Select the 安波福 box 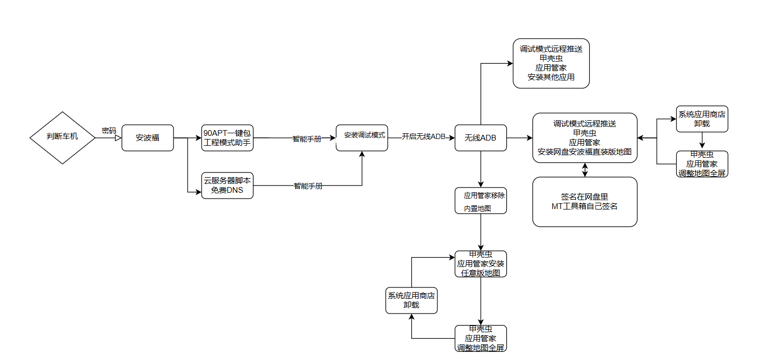pyautogui.click(x=147, y=138)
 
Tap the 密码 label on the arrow pyautogui.click(x=109, y=131)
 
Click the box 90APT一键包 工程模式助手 pyautogui.click(x=227, y=138)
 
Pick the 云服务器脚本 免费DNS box pyautogui.click(x=227, y=185)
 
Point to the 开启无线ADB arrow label pyautogui.click(x=423, y=137)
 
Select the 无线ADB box pyautogui.click(x=481, y=138)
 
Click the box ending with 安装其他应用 pyautogui.click(x=551, y=63)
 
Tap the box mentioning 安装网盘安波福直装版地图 pyautogui.click(x=585, y=138)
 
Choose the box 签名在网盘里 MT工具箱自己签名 pyautogui.click(x=585, y=202)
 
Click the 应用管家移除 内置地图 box pyautogui.click(x=481, y=201)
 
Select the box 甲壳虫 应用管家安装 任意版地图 pyautogui.click(x=481, y=264)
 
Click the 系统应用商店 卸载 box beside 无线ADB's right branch pyautogui.click(x=702, y=119)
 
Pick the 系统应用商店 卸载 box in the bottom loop pyautogui.click(x=411, y=300)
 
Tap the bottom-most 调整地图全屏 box pyautogui.click(x=481, y=338)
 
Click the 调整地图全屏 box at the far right pyautogui.click(x=702, y=164)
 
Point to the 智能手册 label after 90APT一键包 pyautogui.click(x=307, y=139)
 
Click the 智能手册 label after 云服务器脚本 pyautogui.click(x=308, y=186)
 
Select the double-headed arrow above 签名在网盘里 pyautogui.click(x=585, y=170)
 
